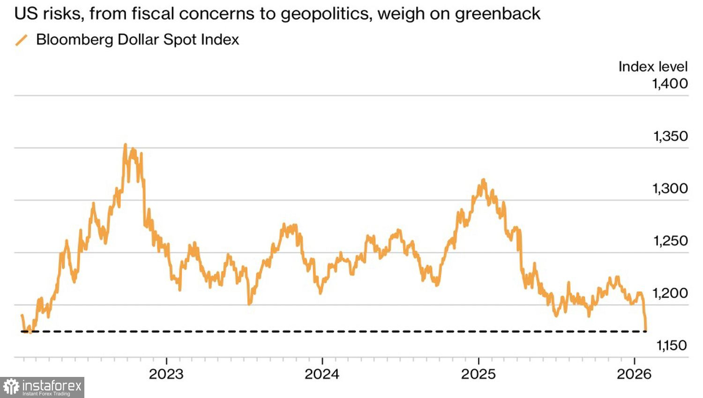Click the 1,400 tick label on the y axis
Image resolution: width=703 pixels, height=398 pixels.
[670, 84]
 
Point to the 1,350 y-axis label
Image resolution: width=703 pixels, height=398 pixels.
[670, 136]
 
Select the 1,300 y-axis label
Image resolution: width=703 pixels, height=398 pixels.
[670, 189]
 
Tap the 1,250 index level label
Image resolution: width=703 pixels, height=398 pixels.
[670, 241]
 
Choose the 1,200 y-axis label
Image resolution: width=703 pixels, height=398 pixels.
[670, 293]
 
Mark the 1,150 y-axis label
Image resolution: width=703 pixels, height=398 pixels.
[671, 346]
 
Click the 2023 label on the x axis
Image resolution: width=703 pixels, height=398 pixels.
[166, 374]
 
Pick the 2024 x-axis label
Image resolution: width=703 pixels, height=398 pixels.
[322, 374]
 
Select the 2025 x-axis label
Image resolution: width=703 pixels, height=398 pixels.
[479, 374]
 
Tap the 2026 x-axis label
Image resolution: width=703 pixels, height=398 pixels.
[634, 374]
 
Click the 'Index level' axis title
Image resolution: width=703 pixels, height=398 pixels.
[653, 66]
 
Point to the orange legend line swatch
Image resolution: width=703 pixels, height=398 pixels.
[22, 40]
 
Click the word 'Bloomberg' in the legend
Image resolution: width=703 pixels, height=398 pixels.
[75, 40]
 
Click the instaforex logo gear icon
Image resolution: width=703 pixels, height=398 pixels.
[11, 387]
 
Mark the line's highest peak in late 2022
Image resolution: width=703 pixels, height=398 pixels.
[125, 145]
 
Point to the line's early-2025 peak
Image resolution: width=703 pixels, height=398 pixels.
[483, 180]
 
